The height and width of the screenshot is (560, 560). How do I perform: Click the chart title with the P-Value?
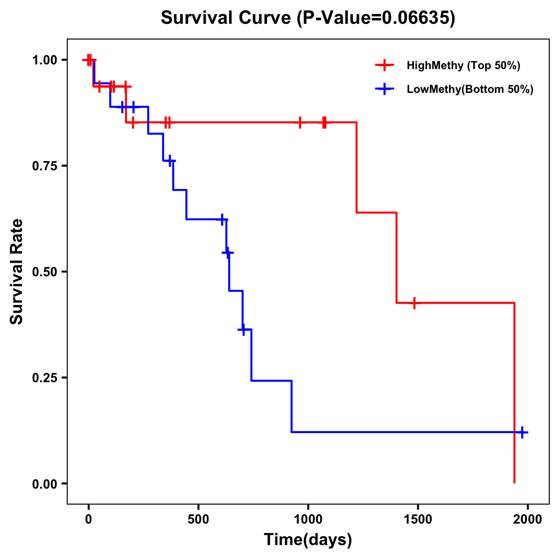[308, 18]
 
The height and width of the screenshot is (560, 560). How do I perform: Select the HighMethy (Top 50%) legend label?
[463, 65]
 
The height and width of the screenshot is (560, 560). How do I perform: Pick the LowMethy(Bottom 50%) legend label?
[470, 89]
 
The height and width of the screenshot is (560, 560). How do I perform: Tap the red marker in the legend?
[384, 65]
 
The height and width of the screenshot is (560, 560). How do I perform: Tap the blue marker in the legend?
[384, 89]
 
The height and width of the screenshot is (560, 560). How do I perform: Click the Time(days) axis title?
[308, 540]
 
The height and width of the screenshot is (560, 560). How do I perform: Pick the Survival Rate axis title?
[17, 272]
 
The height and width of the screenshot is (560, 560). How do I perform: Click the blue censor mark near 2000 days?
[522, 432]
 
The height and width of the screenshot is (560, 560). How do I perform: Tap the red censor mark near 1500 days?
[414, 303]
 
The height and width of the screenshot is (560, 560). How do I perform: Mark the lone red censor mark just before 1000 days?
[300, 122]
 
